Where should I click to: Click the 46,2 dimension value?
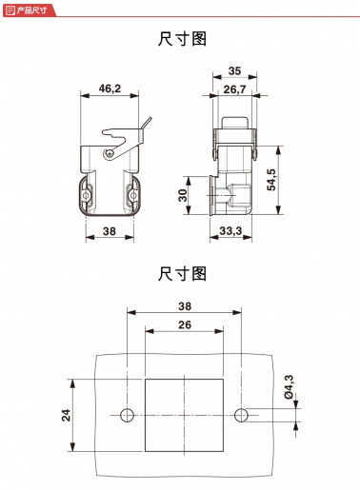(x=110, y=88)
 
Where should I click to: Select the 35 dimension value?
(x=234, y=70)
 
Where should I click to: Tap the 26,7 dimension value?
(x=234, y=89)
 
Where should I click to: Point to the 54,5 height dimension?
(x=271, y=180)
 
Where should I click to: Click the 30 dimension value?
(x=183, y=195)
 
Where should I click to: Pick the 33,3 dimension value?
(x=230, y=231)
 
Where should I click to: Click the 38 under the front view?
(x=110, y=231)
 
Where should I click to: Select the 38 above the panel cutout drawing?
(x=185, y=306)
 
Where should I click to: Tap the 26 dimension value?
(x=185, y=324)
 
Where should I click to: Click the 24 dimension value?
(x=66, y=415)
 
